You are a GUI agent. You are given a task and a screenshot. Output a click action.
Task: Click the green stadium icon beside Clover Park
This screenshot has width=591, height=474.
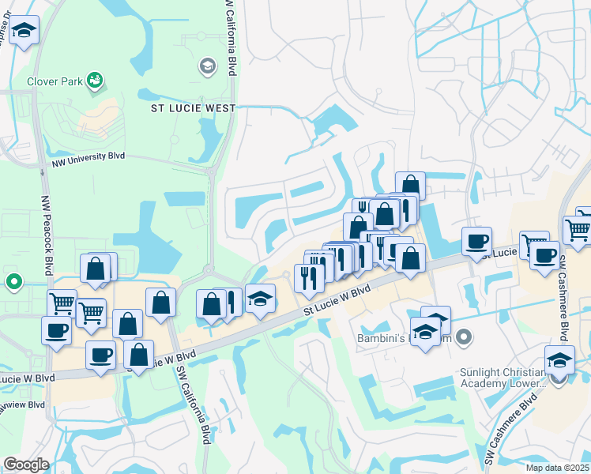pos(95,80)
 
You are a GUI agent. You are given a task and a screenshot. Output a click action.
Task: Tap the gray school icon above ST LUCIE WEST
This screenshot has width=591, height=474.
pos(208,66)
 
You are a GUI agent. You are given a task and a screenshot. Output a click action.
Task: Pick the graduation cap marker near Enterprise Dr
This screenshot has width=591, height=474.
pos(24,32)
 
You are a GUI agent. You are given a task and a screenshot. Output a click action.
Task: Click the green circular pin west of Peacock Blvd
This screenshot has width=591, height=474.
pos(13,280)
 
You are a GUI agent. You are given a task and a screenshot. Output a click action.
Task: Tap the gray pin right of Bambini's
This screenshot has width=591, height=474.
pos(465,338)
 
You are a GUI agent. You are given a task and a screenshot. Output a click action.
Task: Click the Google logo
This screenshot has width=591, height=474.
pos(26,464)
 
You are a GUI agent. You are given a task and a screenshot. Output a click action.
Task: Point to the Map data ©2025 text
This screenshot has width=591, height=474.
pos(557,468)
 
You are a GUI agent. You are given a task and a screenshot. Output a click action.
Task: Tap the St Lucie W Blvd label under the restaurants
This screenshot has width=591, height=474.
pos(337,303)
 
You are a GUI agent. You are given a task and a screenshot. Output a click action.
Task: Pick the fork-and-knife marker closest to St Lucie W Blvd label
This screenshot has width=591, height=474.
pos(308,277)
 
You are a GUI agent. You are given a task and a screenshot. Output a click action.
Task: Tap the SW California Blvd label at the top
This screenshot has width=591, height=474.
pos(231,32)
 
